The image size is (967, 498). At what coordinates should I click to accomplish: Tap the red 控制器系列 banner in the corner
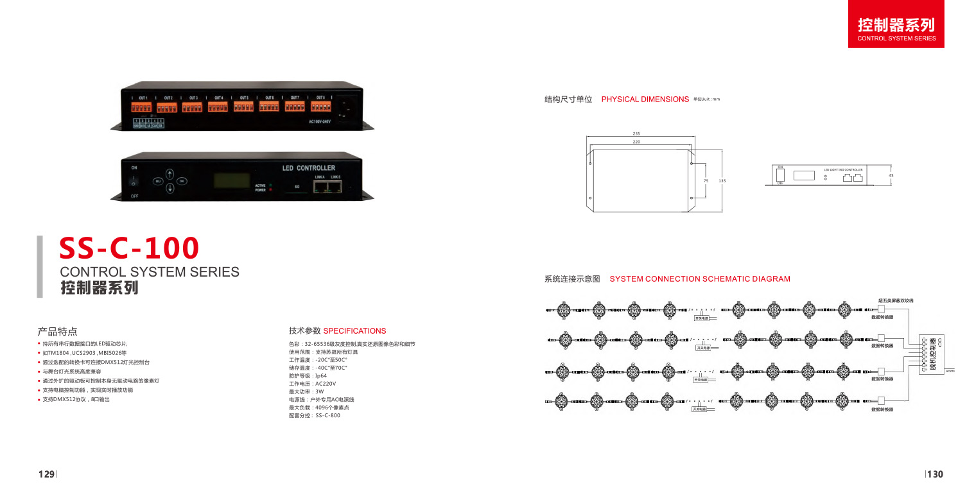click(896, 30)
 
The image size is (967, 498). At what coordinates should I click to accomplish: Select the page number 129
click(46, 474)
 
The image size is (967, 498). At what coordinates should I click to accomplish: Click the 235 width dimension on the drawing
click(637, 133)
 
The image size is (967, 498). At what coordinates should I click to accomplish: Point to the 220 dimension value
click(637, 142)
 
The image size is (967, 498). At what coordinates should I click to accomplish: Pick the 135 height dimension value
click(722, 181)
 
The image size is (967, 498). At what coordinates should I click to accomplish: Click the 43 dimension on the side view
click(891, 175)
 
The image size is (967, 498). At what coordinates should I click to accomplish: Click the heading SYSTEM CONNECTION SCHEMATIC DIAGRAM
click(699, 279)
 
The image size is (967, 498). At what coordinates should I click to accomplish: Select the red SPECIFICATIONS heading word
click(354, 331)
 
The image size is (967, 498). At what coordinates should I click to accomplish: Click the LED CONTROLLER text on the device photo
click(308, 168)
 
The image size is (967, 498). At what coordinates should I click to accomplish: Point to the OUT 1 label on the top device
click(143, 98)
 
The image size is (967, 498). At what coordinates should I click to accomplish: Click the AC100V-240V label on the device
click(320, 121)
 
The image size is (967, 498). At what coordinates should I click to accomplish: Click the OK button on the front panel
click(182, 181)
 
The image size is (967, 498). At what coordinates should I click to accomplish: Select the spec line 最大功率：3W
click(307, 391)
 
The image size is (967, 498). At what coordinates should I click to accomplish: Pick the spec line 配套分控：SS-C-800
click(315, 416)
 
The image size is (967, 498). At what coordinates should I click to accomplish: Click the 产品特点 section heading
click(58, 331)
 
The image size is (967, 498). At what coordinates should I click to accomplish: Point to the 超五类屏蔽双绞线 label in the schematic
click(896, 300)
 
